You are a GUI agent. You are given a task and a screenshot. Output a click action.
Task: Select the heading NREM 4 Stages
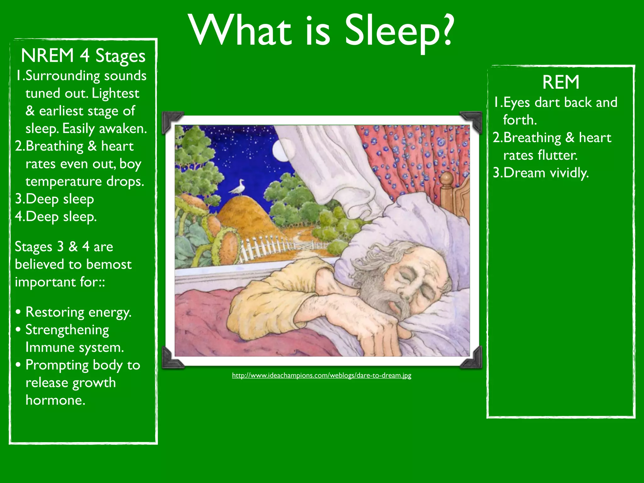83,56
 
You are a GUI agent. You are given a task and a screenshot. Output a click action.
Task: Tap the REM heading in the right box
561,82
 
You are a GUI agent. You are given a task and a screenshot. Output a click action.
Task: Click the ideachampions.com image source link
321,375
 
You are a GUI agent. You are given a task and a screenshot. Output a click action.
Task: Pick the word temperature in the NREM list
64,181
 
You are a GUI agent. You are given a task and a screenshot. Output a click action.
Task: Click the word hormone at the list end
55,400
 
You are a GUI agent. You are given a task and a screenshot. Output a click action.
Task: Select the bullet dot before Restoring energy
19,312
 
